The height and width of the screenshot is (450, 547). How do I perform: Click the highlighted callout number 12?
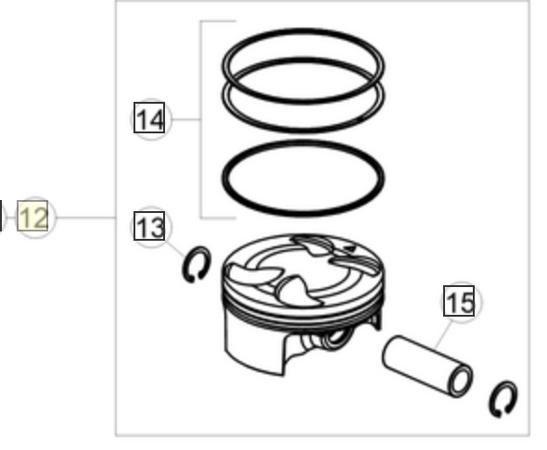(32, 216)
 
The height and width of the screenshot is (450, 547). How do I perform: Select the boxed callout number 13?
(149, 227)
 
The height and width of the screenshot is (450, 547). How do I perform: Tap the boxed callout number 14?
(149, 118)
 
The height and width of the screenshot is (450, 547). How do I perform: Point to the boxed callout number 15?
(459, 301)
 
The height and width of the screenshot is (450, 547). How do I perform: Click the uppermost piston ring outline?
(303, 31)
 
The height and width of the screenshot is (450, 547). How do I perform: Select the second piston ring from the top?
(303, 131)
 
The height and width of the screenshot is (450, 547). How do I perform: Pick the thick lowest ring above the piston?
(303, 212)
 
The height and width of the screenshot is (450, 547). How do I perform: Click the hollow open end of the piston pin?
(460, 381)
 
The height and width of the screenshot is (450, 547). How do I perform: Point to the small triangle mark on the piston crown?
(350, 249)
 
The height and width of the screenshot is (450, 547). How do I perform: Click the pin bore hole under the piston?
(337, 338)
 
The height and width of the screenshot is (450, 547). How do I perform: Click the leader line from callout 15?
(444, 335)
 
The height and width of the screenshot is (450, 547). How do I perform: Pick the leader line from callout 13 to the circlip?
(175, 249)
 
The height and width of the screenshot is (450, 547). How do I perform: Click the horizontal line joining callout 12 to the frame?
(85, 218)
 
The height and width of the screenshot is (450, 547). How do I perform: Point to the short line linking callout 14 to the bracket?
(186, 119)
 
